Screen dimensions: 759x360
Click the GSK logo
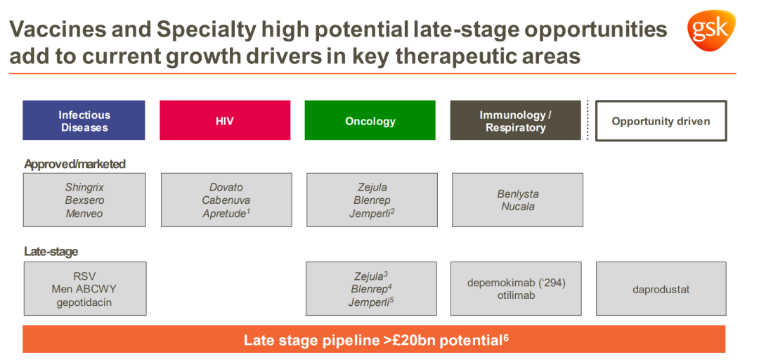(x=711, y=30)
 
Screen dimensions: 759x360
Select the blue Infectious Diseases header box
(x=84, y=120)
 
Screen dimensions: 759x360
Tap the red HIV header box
(x=225, y=120)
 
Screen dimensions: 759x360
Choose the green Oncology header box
(x=370, y=120)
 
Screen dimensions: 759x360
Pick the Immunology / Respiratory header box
(x=516, y=120)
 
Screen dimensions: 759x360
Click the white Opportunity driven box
(x=661, y=121)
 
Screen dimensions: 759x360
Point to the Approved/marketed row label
(x=75, y=165)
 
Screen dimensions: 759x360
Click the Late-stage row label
(x=51, y=252)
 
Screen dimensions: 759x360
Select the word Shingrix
(x=85, y=187)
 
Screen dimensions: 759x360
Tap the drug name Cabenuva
(x=226, y=200)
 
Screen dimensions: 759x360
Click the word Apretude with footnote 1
(x=226, y=213)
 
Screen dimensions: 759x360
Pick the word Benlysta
(x=518, y=194)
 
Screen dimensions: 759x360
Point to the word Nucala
(x=518, y=207)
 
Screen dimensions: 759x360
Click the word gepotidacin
(x=85, y=302)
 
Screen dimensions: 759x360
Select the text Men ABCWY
(x=85, y=289)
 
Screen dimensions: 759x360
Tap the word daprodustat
(x=661, y=290)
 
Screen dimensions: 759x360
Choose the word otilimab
(x=516, y=295)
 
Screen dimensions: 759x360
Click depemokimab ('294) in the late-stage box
(x=517, y=283)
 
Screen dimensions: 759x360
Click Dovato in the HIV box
(x=226, y=187)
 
